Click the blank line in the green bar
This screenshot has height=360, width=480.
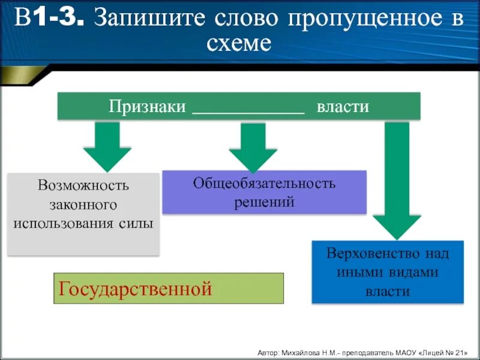pos(248,112)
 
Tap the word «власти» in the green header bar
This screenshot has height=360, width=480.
pos(343,106)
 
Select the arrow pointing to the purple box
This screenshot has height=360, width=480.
pos(253,147)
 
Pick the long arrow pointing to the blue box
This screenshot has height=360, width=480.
pos(397,180)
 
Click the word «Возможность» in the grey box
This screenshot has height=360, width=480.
pos(83,185)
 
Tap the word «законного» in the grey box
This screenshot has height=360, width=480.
pos(83,204)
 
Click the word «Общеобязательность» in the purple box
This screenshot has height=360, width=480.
pos(264,182)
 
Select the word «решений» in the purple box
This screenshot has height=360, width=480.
pos(264,202)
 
